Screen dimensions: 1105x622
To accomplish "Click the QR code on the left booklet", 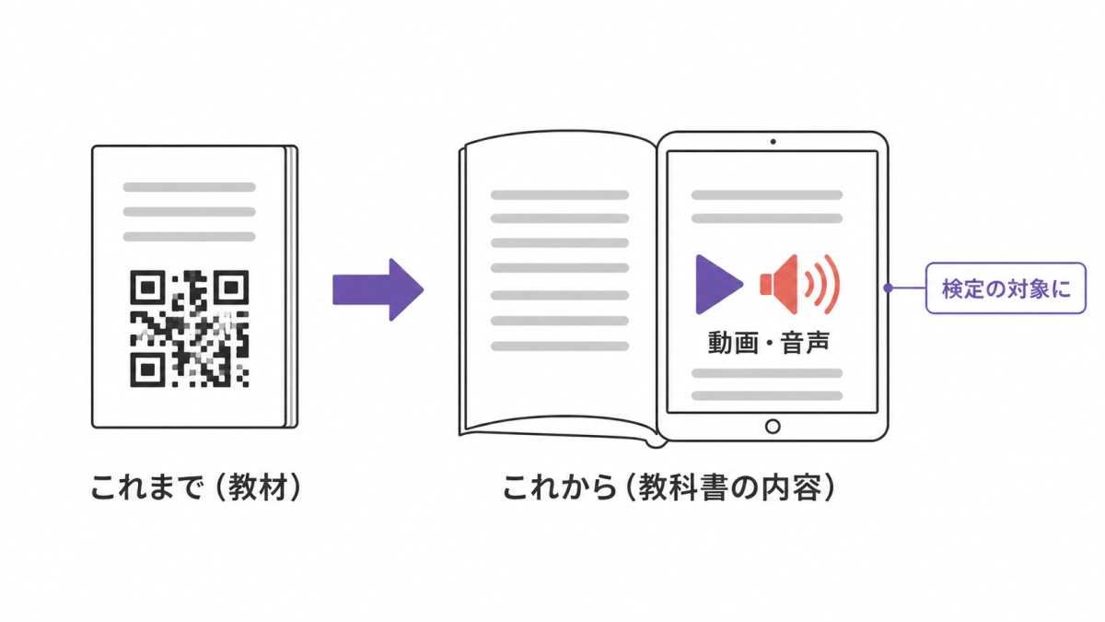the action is (x=190, y=328).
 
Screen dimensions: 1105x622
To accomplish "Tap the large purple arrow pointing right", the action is (x=378, y=289).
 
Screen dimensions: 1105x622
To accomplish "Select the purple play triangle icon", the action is (x=718, y=285).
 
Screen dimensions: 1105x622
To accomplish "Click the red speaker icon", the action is (x=799, y=285).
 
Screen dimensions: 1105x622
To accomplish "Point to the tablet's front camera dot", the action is (x=773, y=142).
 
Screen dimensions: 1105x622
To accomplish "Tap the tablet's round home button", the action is (x=773, y=426).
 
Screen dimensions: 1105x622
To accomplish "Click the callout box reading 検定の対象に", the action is (x=1006, y=288).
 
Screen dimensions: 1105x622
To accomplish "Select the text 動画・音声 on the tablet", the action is (x=769, y=343).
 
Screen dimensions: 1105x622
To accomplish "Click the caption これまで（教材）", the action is (x=196, y=487).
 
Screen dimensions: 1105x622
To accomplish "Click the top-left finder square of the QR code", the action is (x=147, y=288).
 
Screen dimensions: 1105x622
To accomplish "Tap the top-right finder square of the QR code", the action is (x=231, y=288).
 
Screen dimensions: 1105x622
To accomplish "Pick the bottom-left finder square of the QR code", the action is (x=147, y=370).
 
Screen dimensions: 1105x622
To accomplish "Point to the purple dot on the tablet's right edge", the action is (x=888, y=288).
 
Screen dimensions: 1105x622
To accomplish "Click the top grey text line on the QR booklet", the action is (x=190, y=187).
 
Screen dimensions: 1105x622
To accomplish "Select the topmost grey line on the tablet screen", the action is (x=767, y=195).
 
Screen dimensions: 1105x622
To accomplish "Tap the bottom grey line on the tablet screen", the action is (x=767, y=395).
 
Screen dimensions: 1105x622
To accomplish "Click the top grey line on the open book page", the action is (x=560, y=195).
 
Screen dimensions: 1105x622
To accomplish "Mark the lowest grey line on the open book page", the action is (x=560, y=346).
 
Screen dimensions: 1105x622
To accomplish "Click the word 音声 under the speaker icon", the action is (x=805, y=343).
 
